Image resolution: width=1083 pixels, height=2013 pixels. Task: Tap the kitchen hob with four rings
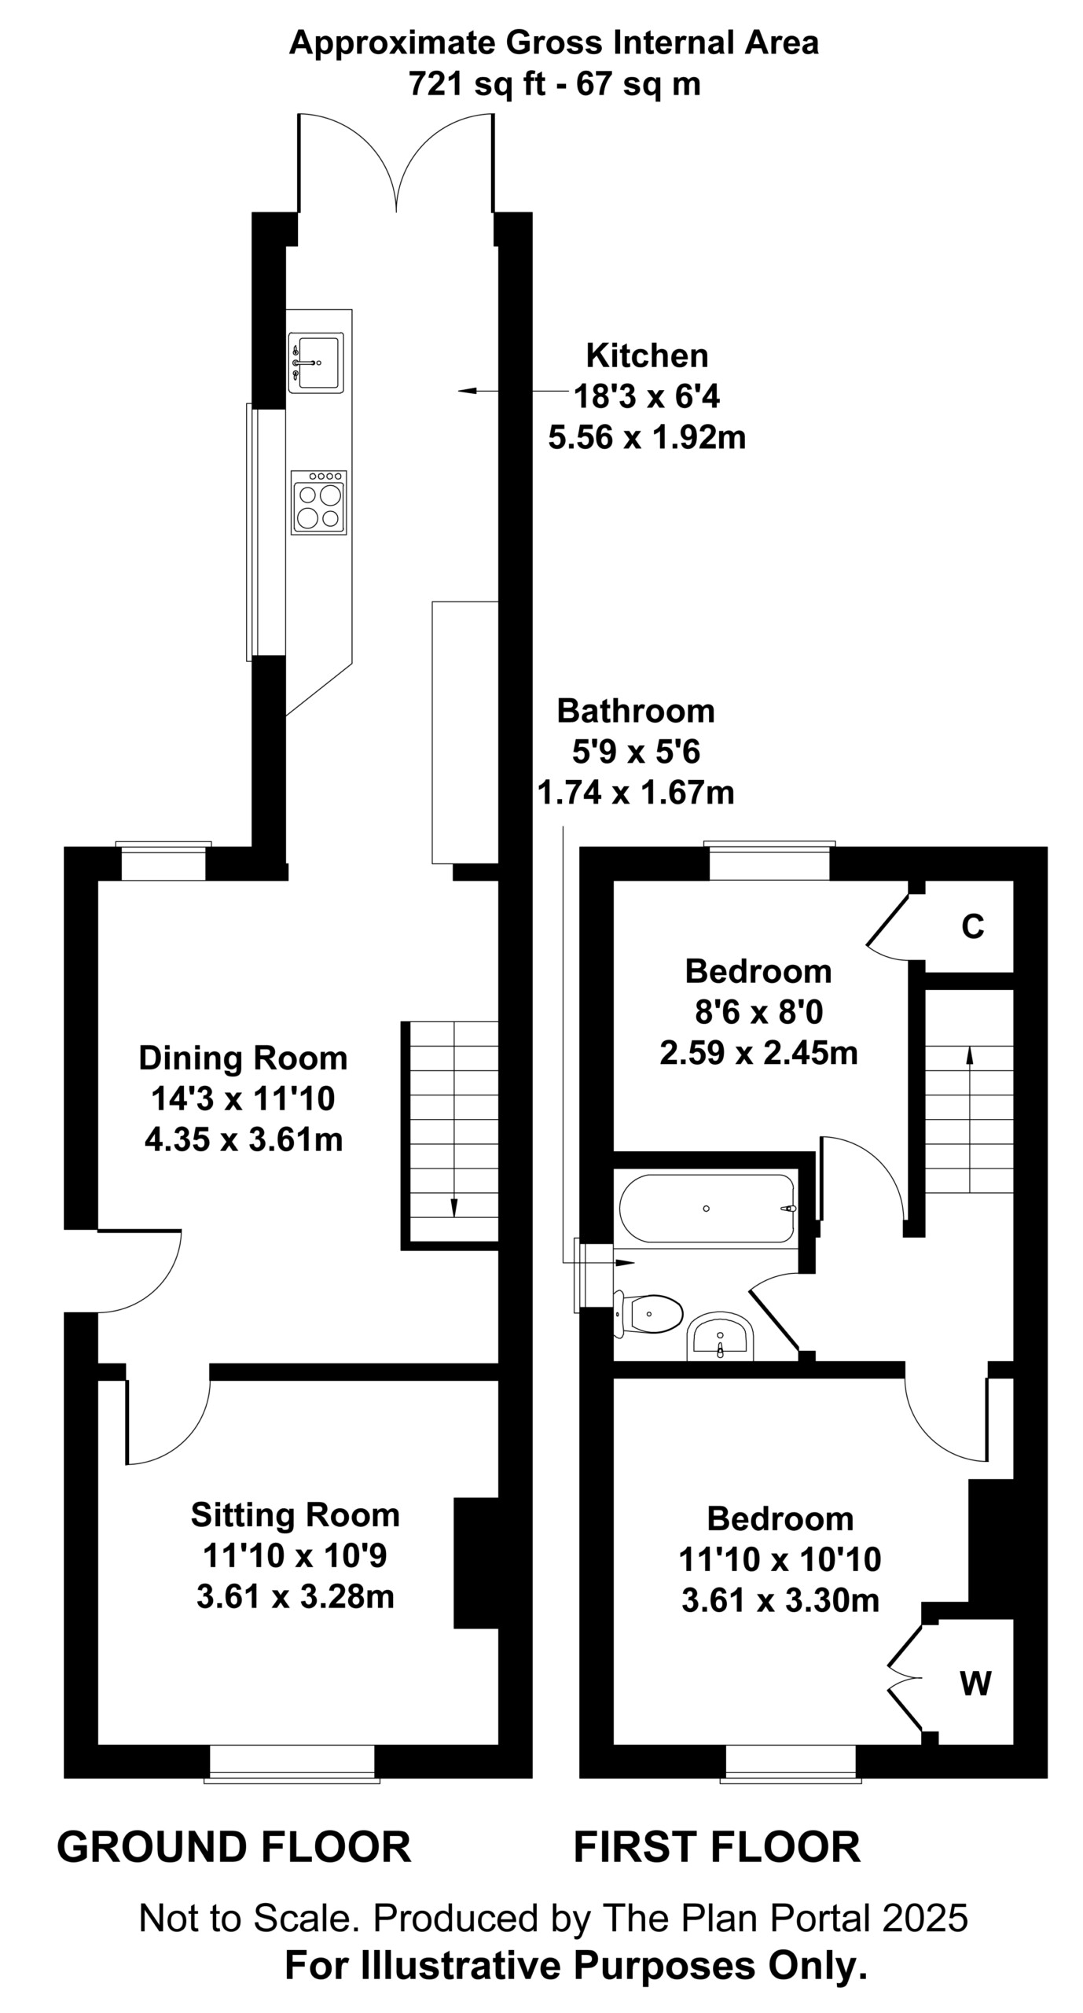(x=318, y=502)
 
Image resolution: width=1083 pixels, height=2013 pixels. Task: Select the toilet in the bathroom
(x=648, y=1312)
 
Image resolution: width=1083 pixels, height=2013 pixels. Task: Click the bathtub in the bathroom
(x=707, y=1209)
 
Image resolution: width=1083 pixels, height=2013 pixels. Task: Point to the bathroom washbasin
(x=720, y=1335)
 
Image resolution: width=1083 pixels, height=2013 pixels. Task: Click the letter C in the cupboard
(x=973, y=928)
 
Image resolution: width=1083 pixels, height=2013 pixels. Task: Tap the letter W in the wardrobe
(x=975, y=1684)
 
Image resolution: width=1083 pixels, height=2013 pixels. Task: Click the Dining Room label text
(x=243, y=1058)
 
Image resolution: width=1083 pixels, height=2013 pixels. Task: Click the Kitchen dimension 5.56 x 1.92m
(x=647, y=438)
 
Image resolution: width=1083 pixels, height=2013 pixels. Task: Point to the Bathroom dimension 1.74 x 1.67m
(x=635, y=793)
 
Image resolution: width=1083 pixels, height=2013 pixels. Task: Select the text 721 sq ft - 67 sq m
(x=554, y=83)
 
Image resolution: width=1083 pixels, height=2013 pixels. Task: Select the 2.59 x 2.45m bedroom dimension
(x=758, y=1053)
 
